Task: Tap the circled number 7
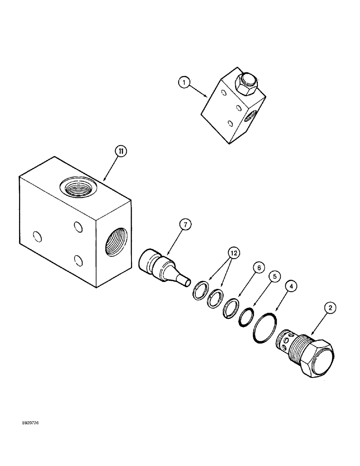point(185,225)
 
